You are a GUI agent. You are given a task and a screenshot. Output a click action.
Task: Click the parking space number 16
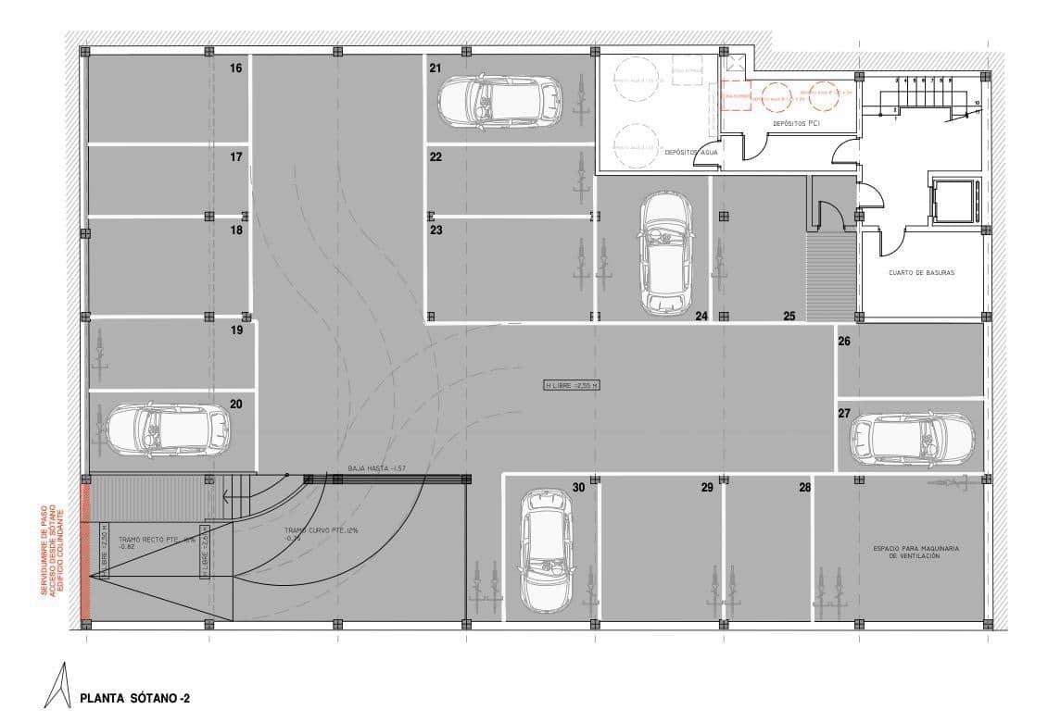(x=236, y=68)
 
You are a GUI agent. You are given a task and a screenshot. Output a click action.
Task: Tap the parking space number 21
(x=435, y=68)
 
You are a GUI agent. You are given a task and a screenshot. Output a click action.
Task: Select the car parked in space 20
(x=167, y=429)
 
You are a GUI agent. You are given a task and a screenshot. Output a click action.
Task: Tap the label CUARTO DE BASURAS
(x=920, y=273)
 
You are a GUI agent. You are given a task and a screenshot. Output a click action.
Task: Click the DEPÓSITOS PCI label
(x=796, y=123)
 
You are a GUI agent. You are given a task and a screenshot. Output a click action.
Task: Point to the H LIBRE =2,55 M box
(x=571, y=384)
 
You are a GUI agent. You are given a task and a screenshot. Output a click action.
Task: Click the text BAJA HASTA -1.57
(x=377, y=468)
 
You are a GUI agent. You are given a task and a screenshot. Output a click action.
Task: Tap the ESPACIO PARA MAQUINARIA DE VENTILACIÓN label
(x=915, y=552)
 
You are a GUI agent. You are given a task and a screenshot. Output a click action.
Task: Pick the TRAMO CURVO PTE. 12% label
(x=309, y=533)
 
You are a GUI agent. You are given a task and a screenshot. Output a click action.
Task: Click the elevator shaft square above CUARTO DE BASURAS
(x=953, y=199)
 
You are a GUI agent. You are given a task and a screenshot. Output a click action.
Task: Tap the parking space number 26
(x=844, y=342)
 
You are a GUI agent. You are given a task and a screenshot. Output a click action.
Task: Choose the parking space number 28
(x=804, y=487)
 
